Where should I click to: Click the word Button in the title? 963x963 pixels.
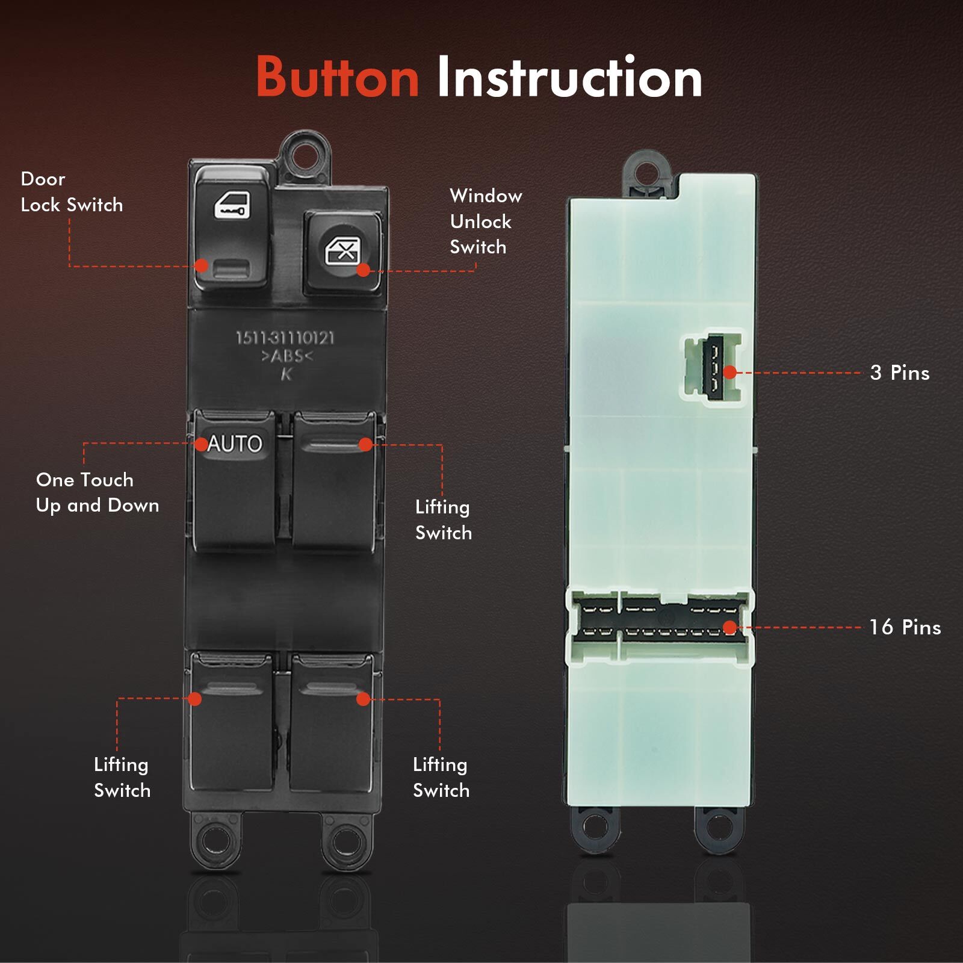pos(337,76)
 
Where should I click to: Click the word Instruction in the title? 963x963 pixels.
pos(569,76)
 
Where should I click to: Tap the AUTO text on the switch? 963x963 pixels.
pos(235,444)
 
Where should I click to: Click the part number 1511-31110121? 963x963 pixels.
pos(285,338)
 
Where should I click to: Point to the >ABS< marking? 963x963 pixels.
pos(287,356)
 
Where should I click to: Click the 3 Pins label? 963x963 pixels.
pos(900,373)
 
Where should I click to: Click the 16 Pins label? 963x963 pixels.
pos(905,627)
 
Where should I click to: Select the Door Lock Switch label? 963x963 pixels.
pos(72,192)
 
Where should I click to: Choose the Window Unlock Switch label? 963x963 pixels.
pos(486,221)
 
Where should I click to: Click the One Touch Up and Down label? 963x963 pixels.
pos(98,492)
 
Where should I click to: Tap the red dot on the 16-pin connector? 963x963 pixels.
pos(730,628)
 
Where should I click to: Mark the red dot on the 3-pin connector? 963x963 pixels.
pos(730,373)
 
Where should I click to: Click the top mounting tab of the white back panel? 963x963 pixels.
pos(647,171)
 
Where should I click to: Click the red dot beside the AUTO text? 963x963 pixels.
pos(202,444)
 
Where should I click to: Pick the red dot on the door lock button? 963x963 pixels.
pos(202,265)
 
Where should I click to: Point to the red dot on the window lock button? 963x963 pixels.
pos(364,270)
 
